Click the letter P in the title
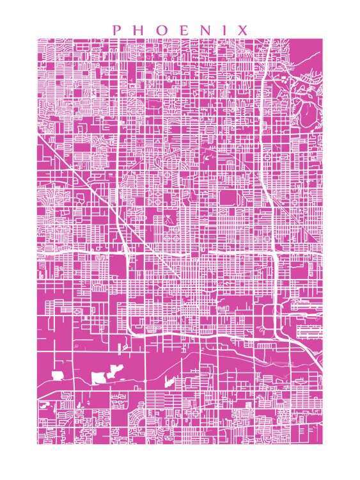point(116,30)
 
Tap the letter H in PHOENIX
point(137,30)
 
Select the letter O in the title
point(160,30)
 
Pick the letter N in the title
point(205,30)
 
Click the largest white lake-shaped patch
point(100,378)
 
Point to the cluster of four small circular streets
point(171,234)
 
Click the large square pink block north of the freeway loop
point(229,198)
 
